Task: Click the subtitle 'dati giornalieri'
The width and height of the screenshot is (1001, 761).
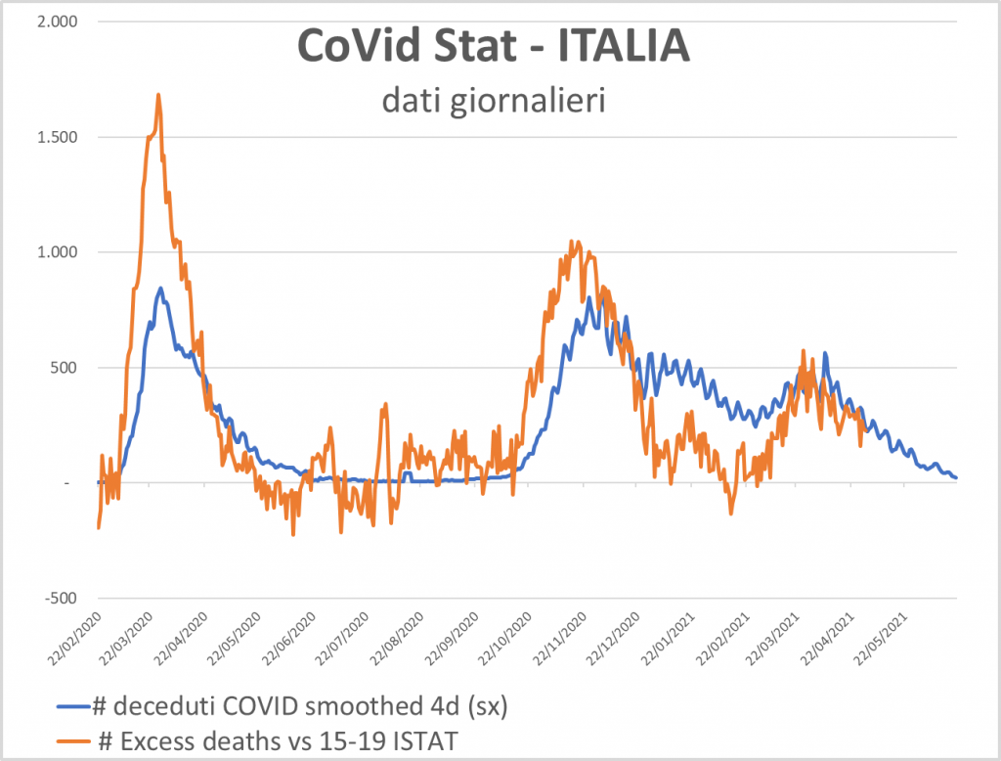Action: pyautogui.click(x=500, y=100)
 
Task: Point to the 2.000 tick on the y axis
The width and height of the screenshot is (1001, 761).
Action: pyautogui.click(x=59, y=21)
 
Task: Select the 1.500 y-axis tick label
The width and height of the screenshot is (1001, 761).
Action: pyautogui.click(x=59, y=136)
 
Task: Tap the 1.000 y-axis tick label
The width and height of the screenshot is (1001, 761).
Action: pyautogui.click(x=59, y=251)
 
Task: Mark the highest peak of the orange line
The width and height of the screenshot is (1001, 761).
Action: pyautogui.click(x=158, y=95)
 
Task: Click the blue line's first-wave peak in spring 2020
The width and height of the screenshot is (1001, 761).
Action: pyautogui.click(x=160, y=288)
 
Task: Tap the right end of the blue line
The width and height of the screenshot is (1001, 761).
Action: pyautogui.click(x=957, y=477)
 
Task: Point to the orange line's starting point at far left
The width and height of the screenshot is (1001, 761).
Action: pyautogui.click(x=99, y=528)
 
